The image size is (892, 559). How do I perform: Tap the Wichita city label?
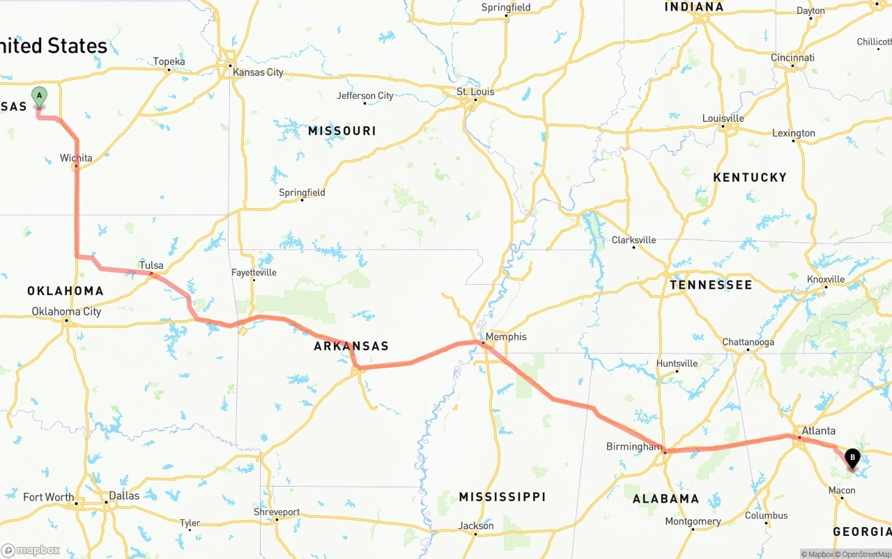tap(76, 158)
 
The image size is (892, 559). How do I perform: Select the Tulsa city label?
tap(151, 265)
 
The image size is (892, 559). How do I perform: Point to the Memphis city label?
tap(507, 337)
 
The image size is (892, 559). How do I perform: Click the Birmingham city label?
tap(633, 446)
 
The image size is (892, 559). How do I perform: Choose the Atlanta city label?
tap(818, 431)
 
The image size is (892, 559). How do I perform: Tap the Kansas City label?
tap(258, 72)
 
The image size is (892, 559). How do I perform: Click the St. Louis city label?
tap(475, 92)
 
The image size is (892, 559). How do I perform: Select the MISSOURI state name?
tap(341, 131)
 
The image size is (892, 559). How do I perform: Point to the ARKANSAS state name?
tap(351, 346)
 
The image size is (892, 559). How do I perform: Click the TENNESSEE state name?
tap(711, 285)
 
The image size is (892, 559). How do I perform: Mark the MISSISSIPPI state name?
tap(502, 496)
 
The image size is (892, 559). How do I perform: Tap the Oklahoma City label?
tap(66, 311)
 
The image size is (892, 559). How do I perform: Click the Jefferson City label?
tap(365, 96)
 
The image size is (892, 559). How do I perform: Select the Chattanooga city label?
tap(748, 342)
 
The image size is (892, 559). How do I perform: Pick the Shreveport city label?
tap(276, 512)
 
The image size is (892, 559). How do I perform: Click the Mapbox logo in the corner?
tap(31, 551)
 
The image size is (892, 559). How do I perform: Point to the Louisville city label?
tap(723, 118)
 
